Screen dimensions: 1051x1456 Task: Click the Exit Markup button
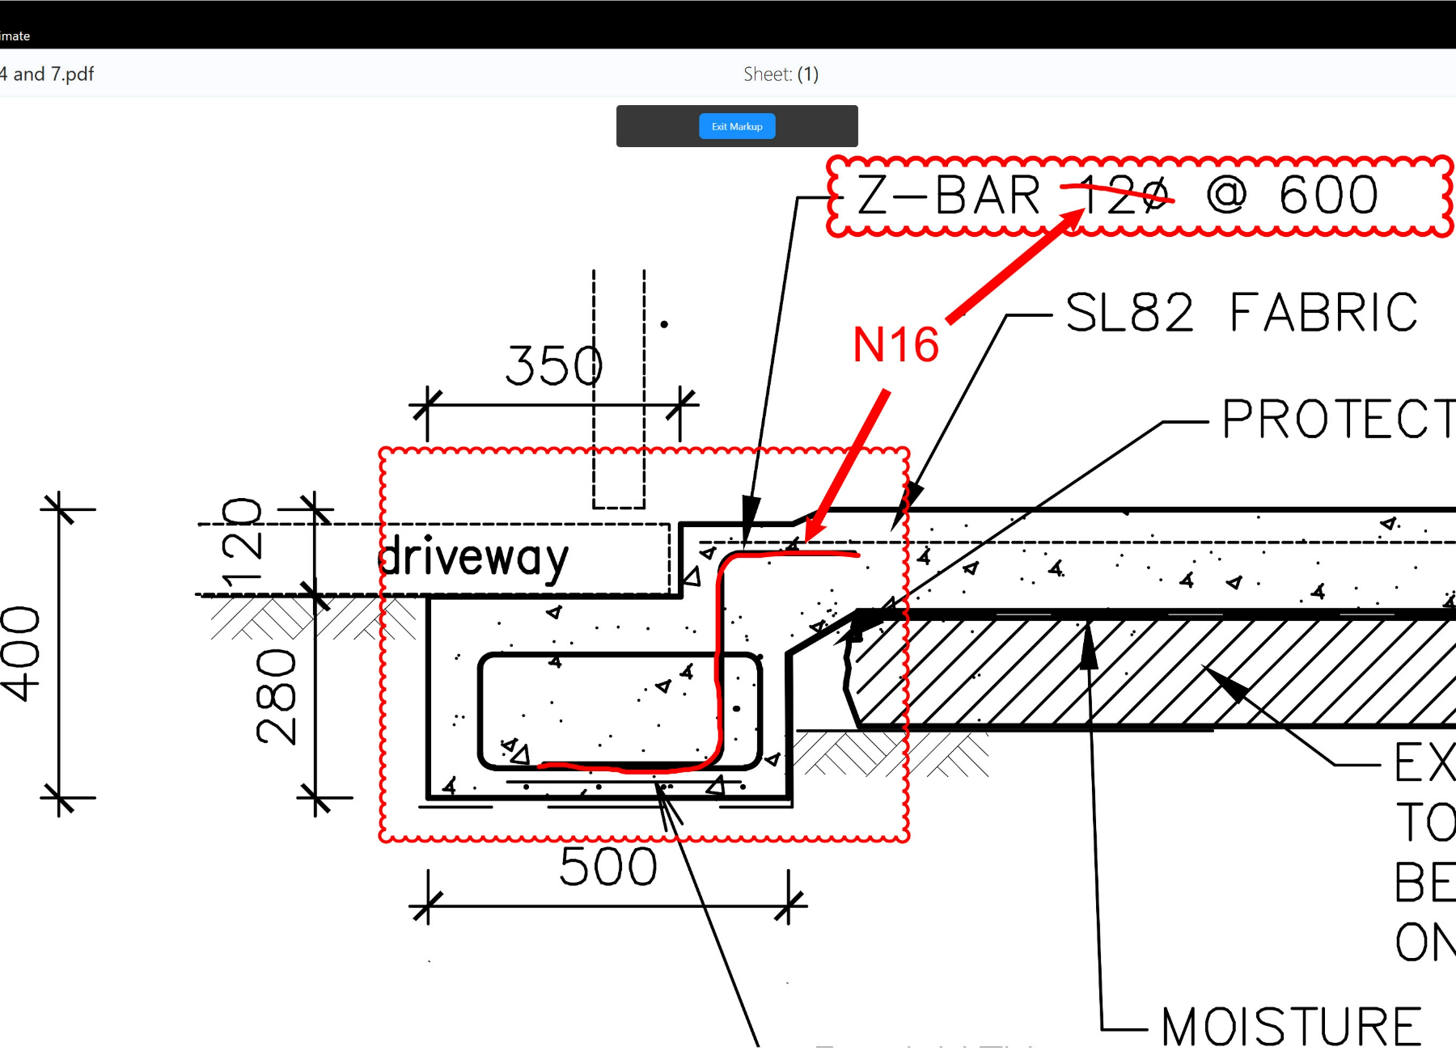point(737,126)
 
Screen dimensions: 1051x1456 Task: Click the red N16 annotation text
point(895,345)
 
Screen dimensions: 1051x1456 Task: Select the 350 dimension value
point(554,365)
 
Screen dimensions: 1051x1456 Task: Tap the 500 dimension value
point(608,867)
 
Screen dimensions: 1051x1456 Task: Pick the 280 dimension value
point(276,696)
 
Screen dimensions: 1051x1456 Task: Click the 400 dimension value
point(21,653)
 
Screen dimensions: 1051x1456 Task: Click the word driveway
point(475,558)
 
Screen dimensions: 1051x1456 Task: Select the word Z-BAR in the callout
point(948,196)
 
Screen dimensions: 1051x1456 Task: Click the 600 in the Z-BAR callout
point(1328,196)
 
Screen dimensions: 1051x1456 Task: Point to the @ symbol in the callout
point(1226,196)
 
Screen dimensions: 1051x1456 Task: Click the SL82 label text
point(1129,313)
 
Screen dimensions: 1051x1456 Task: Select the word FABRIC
point(1323,313)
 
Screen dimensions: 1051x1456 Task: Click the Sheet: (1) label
point(781,74)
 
